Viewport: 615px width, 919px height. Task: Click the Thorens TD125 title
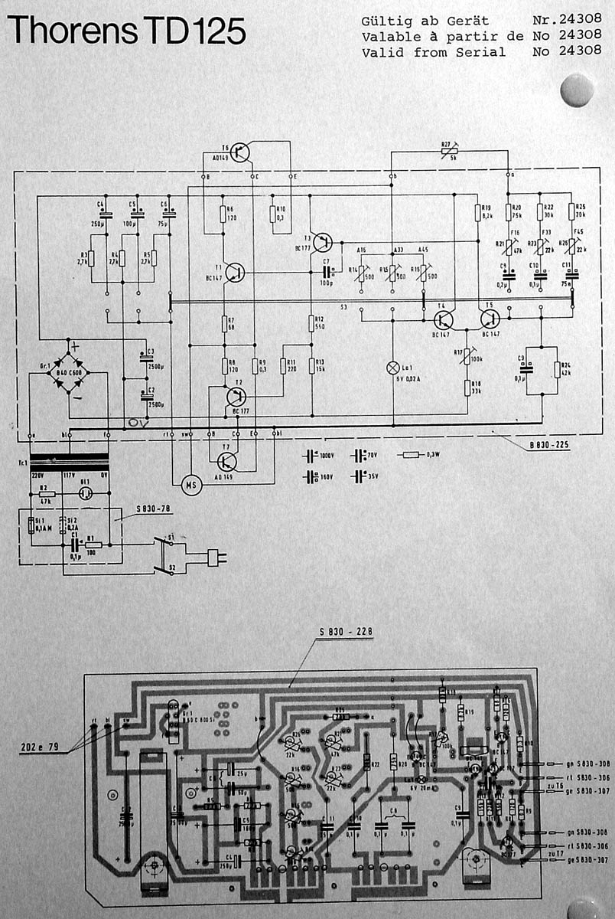126,32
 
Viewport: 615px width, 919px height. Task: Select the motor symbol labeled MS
191,484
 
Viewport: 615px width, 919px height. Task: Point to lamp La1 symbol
392,367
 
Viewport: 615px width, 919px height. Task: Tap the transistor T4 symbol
444,319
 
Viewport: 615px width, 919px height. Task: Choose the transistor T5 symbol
490,319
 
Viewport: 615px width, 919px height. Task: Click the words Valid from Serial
434,52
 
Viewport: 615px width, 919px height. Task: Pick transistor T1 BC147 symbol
236,272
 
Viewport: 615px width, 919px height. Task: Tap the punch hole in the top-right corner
577,90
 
